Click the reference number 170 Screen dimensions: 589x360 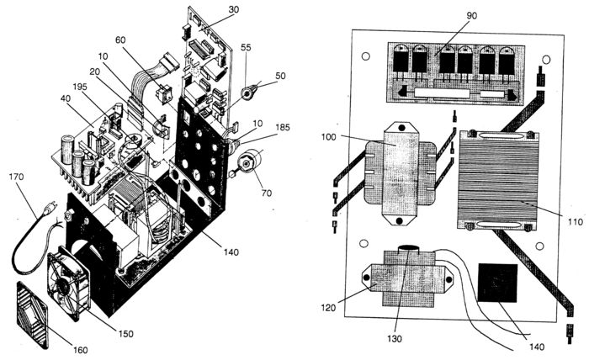(16, 176)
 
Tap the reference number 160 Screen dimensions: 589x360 (81, 350)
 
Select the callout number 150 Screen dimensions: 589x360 (126, 334)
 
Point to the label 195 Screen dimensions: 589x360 (80, 87)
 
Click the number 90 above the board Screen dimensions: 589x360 (471, 15)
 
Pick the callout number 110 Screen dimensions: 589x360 (575, 221)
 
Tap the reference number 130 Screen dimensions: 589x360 (395, 339)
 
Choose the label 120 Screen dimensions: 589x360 (328, 308)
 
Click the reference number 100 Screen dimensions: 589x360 (329, 136)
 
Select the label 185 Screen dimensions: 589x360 (283, 127)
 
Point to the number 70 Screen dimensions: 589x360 (267, 193)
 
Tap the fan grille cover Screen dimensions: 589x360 (32, 315)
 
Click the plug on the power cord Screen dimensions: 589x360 (50, 209)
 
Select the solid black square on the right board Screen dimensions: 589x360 (497, 283)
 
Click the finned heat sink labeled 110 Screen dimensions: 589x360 (498, 180)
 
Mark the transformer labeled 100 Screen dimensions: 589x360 (400, 173)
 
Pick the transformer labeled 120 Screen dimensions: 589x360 (407, 279)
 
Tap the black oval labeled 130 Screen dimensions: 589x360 (409, 248)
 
